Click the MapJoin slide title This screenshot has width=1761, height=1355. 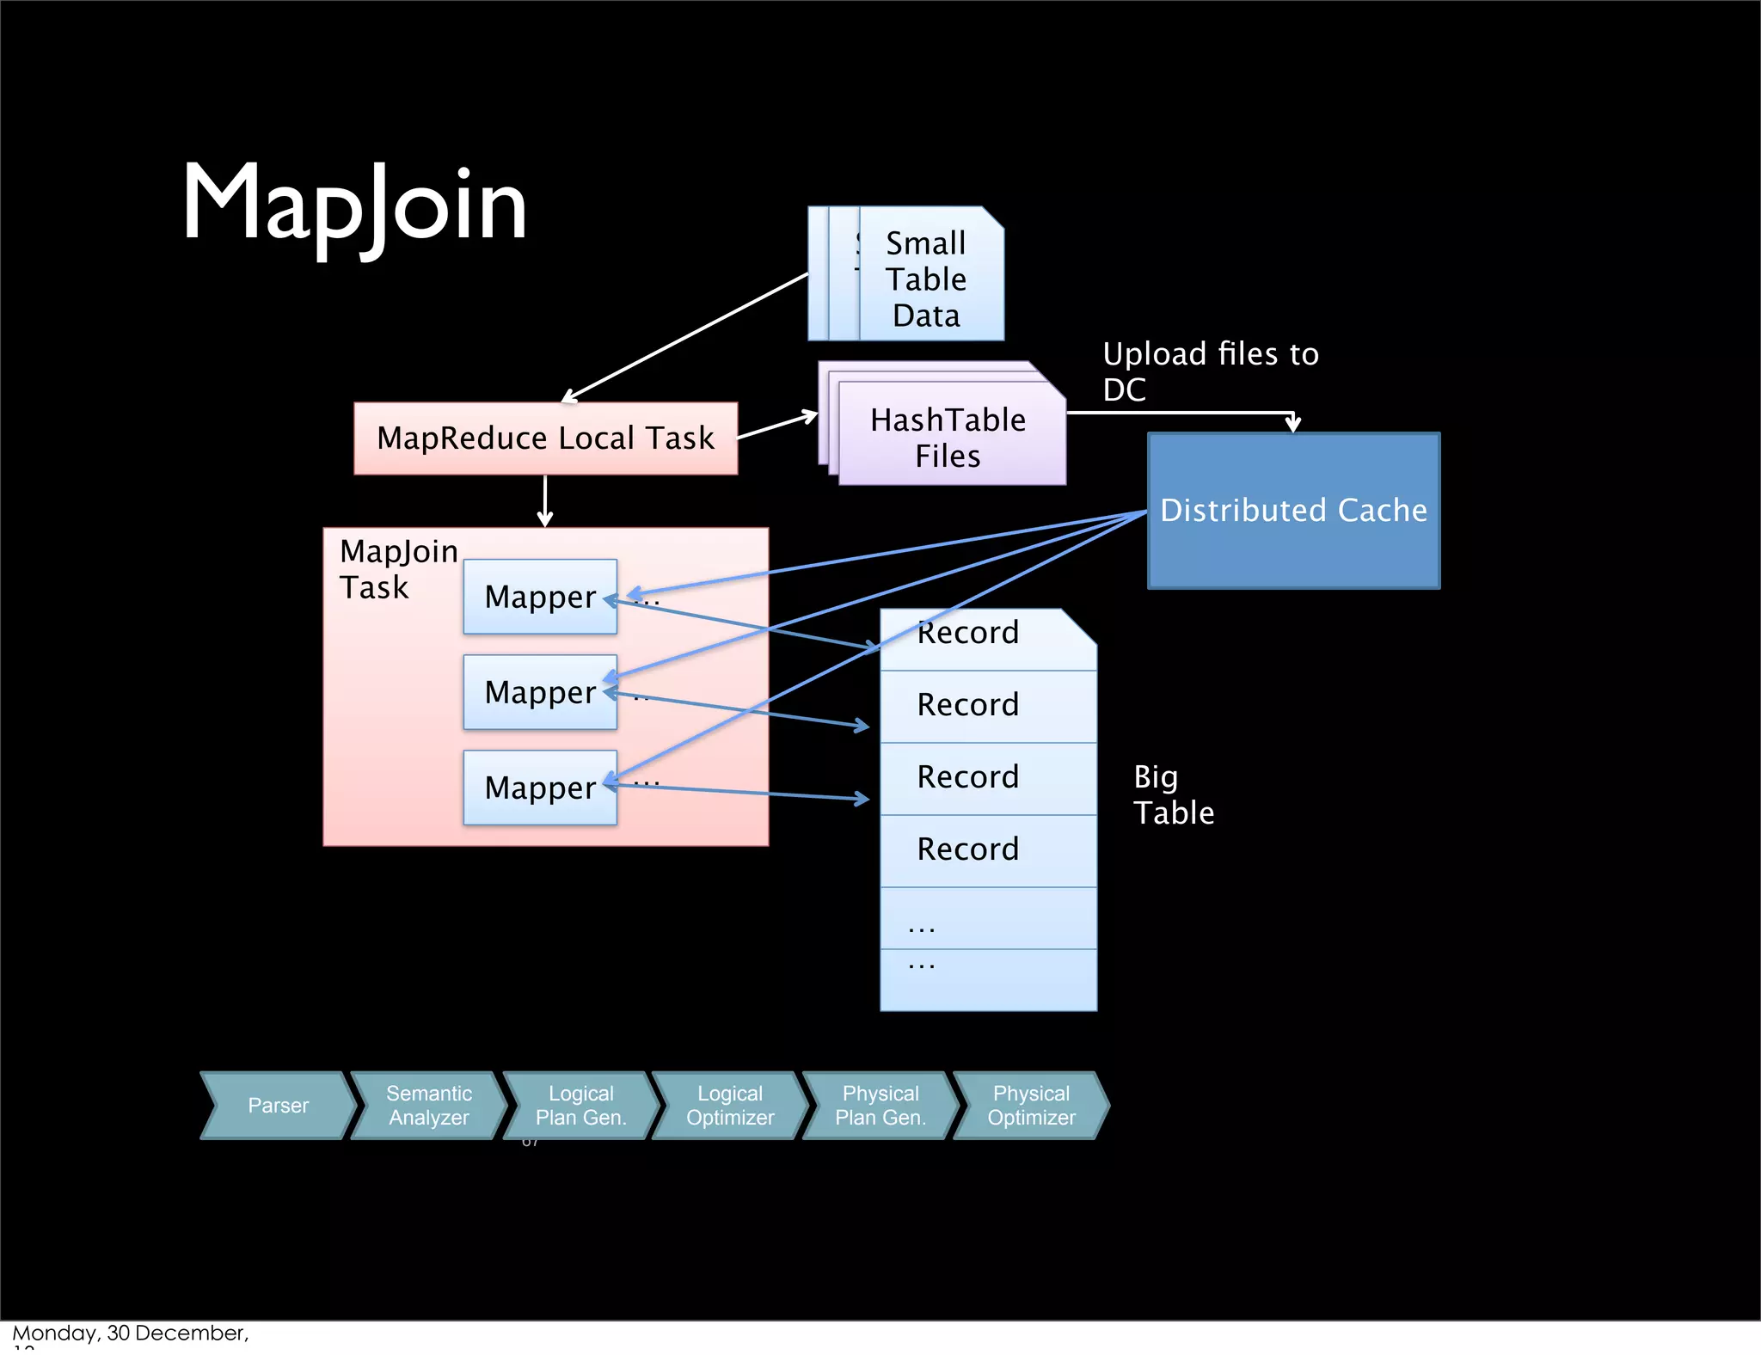[354, 205]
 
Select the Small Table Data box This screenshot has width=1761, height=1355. [927, 279]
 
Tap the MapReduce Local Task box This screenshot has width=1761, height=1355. [545, 438]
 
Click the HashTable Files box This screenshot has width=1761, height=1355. [948, 438]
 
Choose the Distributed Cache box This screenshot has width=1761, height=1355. [1293, 511]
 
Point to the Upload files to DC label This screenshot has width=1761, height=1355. [1210, 371]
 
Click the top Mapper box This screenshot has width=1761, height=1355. [540, 597]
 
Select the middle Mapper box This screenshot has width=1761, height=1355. [540, 692]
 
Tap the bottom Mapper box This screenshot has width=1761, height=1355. [540, 788]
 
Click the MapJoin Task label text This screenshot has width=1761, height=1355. [397, 569]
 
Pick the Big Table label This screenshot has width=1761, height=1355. [1173, 794]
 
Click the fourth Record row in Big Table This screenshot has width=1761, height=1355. [968, 849]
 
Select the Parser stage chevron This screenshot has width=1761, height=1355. [278, 1106]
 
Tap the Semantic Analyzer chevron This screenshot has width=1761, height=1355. [428, 1106]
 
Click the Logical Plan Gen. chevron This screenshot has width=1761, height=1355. [580, 1106]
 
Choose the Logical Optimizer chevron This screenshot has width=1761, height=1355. [730, 1106]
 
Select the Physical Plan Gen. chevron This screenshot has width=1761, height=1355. [880, 1106]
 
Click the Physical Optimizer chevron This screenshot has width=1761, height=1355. [1031, 1106]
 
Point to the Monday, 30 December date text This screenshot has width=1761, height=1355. [130, 1334]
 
